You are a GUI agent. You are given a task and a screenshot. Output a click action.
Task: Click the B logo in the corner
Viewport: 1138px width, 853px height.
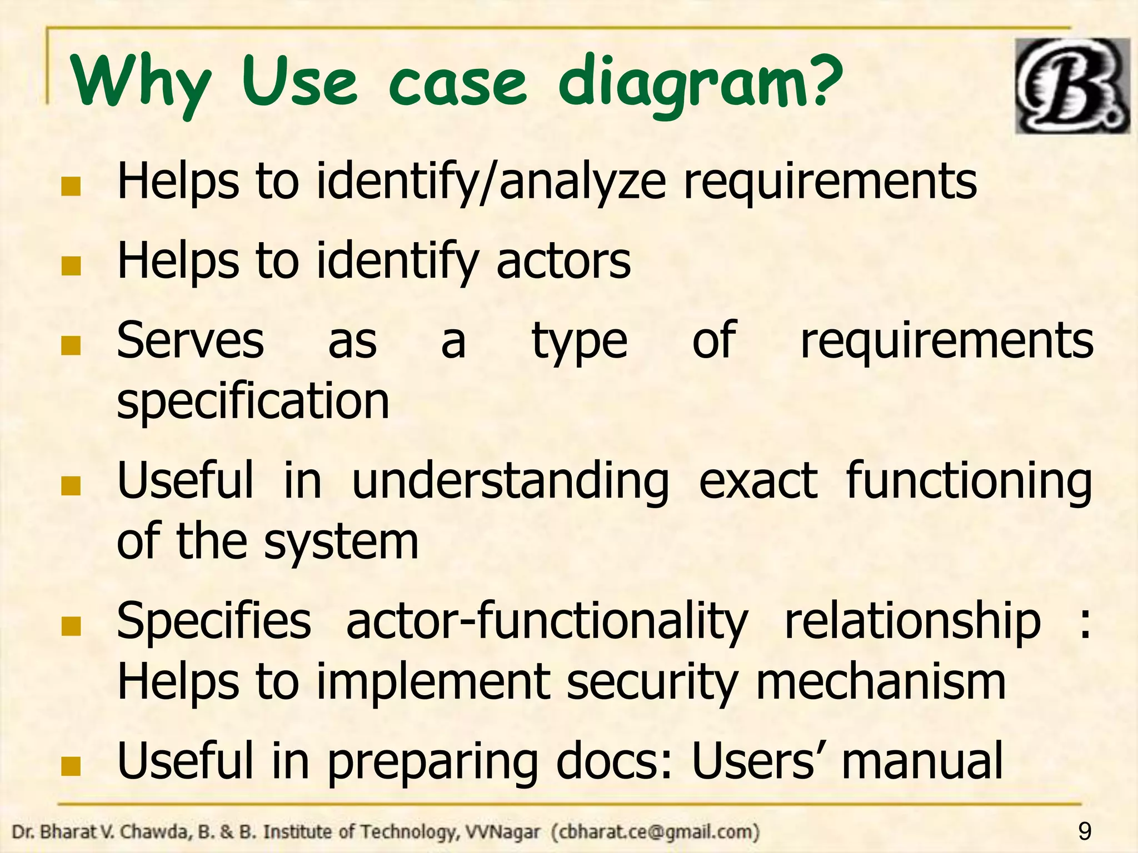coord(1072,86)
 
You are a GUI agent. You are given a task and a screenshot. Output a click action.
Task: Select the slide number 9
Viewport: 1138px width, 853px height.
coord(1084,832)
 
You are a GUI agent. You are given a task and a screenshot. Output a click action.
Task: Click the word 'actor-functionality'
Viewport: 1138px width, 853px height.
coord(547,621)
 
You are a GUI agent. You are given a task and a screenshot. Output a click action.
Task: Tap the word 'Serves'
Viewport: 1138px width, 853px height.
coord(191,340)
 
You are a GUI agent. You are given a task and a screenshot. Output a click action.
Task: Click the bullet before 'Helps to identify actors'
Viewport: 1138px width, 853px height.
coord(71,267)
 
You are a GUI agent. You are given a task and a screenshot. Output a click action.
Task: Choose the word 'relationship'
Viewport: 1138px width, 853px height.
coord(912,621)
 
